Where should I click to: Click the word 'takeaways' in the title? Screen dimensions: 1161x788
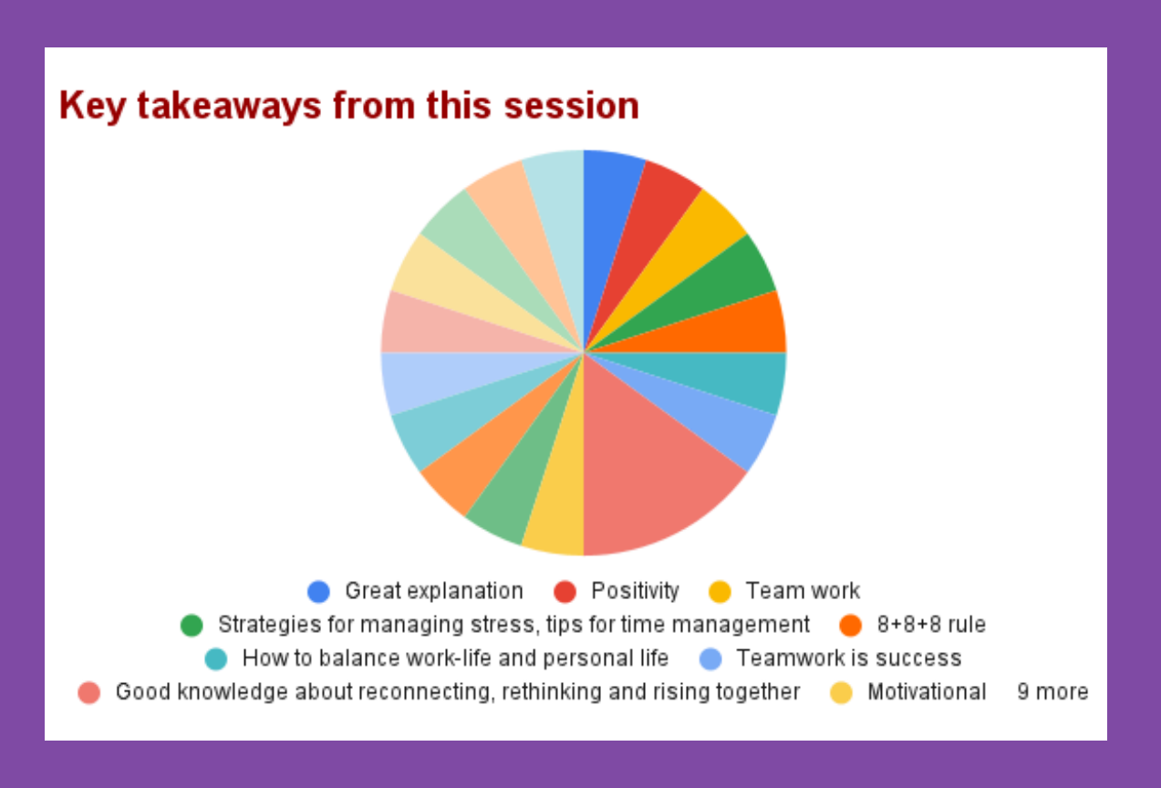[x=229, y=107]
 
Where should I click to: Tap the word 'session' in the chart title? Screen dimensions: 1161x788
[x=571, y=106]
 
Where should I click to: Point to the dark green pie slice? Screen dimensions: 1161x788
[x=720, y=290]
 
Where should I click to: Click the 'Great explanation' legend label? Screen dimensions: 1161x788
[x=434, y=592]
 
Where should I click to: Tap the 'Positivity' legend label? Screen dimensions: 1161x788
[x=635, y=592]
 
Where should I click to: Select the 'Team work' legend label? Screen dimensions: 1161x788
[x=803, y=591]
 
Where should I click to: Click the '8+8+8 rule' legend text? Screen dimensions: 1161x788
[x=931, y=625]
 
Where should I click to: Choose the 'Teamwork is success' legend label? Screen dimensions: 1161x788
[x=849, y=658]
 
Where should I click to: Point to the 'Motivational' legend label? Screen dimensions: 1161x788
[x=927, y=692]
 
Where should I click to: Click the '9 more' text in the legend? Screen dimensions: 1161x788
[x=1052, y=692]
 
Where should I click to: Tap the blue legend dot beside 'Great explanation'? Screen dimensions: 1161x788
[x=318, y=592]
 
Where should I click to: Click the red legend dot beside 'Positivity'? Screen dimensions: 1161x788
[x=565, y=592]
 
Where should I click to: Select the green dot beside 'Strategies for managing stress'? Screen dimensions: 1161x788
[x=192, y=626]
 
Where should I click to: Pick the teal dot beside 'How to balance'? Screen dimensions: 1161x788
[x=215, y=658]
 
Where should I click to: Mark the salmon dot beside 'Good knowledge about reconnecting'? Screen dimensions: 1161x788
[x=88, y=692]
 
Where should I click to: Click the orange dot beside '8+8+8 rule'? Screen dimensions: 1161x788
[x=851, y=626]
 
